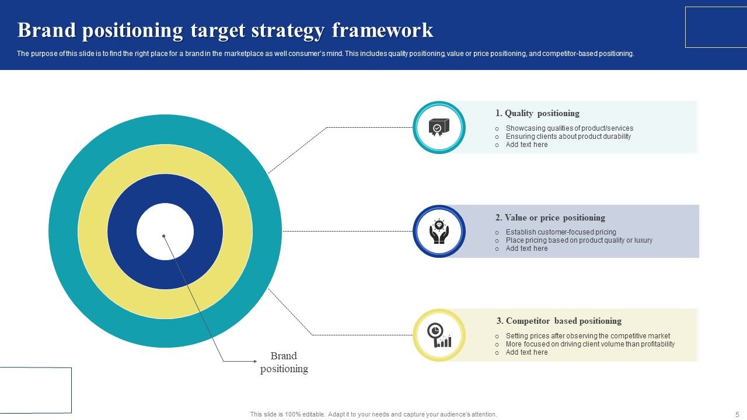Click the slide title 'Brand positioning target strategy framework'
[225, 30]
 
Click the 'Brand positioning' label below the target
[284, 362]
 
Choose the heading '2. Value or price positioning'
[550, 218]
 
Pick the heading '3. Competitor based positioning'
[558, 321]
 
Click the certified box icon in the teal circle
[439, 127]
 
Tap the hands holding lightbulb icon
[439, 232]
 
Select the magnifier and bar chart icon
[439, 335]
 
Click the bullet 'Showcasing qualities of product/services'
[569, 128]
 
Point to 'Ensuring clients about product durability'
[568, 136]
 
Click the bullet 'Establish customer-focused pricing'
[560, 232]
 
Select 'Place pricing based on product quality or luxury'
[579, 240]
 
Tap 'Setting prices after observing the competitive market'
[588, 336]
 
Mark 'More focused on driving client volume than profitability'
[590, 344]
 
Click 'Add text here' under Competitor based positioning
[526, 352]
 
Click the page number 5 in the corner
[738, 414]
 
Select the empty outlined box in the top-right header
[715, 27]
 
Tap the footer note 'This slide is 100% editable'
[373, 414]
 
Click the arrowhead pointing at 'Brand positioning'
[255, 362]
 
